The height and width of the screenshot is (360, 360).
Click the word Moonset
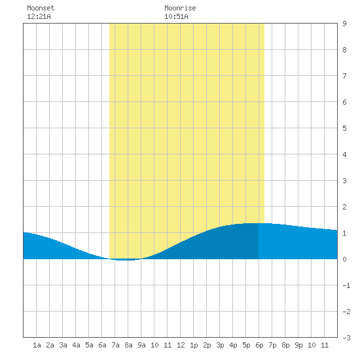click(41, 8)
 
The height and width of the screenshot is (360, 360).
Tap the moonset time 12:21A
click(39, 16)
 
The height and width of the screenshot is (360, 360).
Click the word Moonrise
click(180, 8)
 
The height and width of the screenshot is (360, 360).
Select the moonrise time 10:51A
click(176, 16)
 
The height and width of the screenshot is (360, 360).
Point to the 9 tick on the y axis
click(344, 24)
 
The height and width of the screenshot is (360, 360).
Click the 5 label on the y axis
click(344, 128)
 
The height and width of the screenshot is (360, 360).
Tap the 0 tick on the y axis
click(344, 259)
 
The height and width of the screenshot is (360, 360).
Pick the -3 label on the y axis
click(346, 338)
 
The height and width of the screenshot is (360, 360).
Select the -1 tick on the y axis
click(346, 285)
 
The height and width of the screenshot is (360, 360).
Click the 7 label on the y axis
click(344, 76)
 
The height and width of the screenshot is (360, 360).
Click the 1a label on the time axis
click(37, 345)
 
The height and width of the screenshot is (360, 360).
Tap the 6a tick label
click(102, 345)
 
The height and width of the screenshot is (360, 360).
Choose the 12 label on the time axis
click(181, 345)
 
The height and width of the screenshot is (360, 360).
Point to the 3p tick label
click(220, 345)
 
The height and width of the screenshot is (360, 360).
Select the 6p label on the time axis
click(259, 345)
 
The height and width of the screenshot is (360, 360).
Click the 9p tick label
click(298, 345)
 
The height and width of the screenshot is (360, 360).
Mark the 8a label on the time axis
click(128, 345)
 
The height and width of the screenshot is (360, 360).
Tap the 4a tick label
click(76, 345)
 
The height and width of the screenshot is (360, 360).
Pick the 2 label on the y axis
click(344, 207)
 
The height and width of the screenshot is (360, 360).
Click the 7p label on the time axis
click(272, 345)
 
